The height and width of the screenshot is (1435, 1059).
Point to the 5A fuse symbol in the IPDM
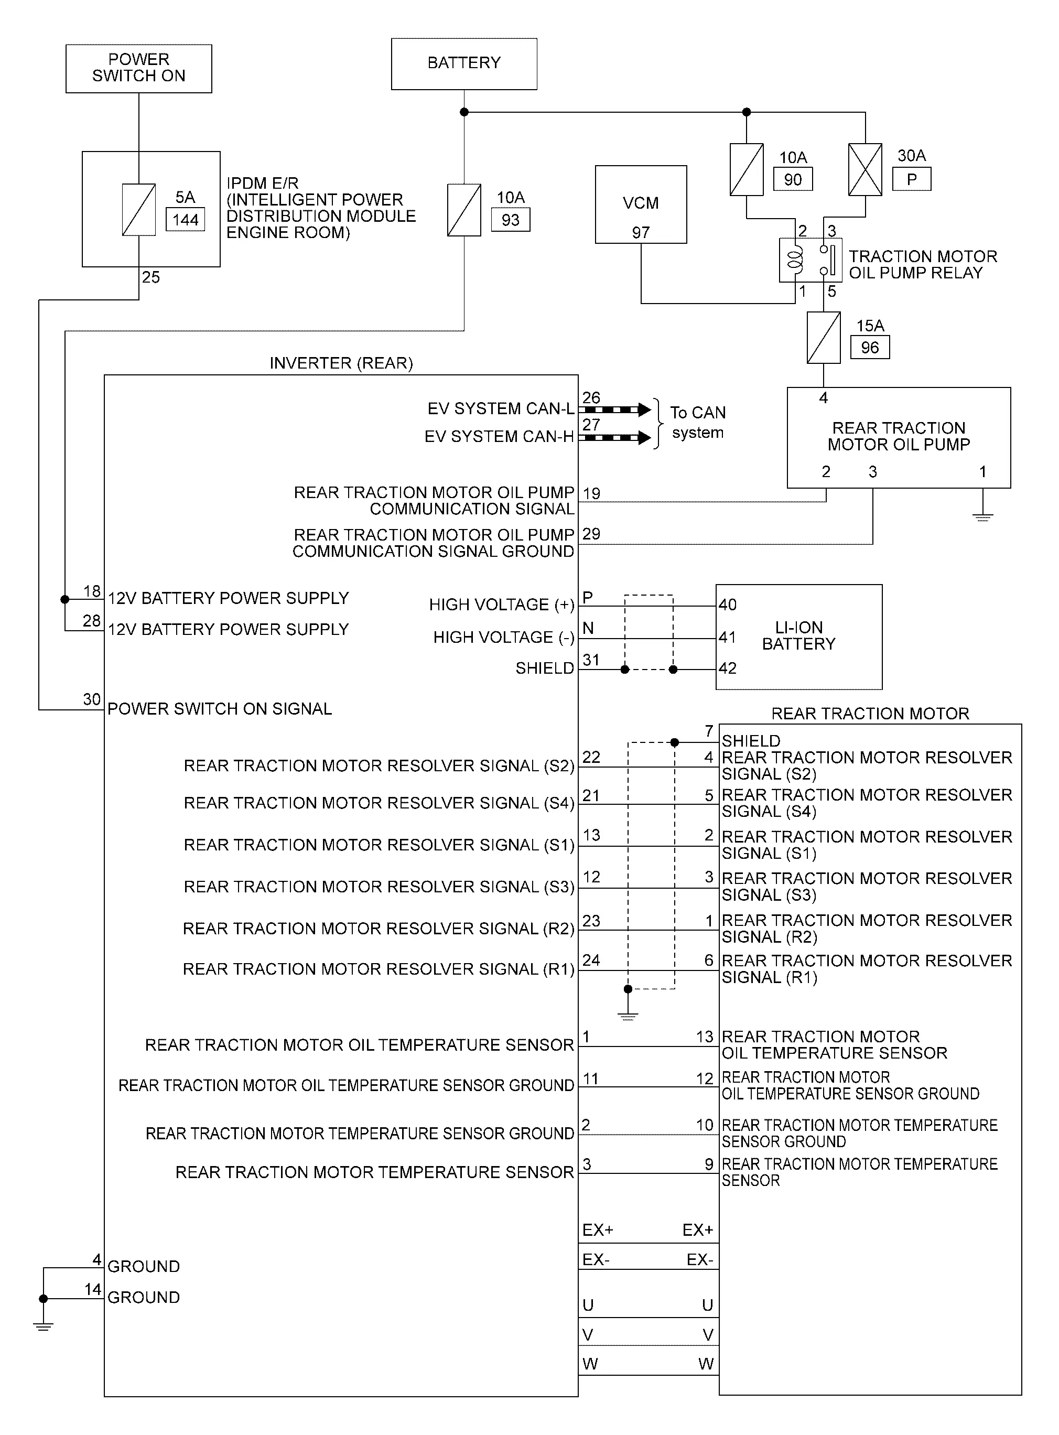pyautogui.click(x=138, y=210)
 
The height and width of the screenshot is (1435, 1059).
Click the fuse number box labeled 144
pyautogui.click(x=185, y=220)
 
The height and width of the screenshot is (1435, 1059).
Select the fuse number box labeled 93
pyautogui.click(x=510, y=220)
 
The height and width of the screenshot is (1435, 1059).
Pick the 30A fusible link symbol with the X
pyautogui.click(x=865, y=169)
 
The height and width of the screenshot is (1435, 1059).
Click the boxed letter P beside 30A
pyautogui.click(x=912, y=179)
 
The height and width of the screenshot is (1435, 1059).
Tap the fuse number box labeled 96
pyautogui.click(x=870, y=348)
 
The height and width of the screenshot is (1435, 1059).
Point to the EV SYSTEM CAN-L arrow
pyautogui.click(x=615, y=409)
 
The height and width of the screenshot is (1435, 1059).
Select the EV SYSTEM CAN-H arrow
pyautogui.click(x=615, y=438)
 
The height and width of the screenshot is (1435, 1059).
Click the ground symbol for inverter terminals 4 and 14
pyautogui.click(x=44, y=1326)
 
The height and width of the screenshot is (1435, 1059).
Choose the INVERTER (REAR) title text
pyautogui.click(x=341, y=363)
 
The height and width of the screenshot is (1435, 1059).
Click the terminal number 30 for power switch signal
pyautogui.click(x=92, y=699)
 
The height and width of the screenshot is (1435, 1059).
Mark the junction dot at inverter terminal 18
pyautogui.click(x=64, y=599)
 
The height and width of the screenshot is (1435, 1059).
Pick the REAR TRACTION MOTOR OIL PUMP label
pyautogui.click(x=899, y=436)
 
